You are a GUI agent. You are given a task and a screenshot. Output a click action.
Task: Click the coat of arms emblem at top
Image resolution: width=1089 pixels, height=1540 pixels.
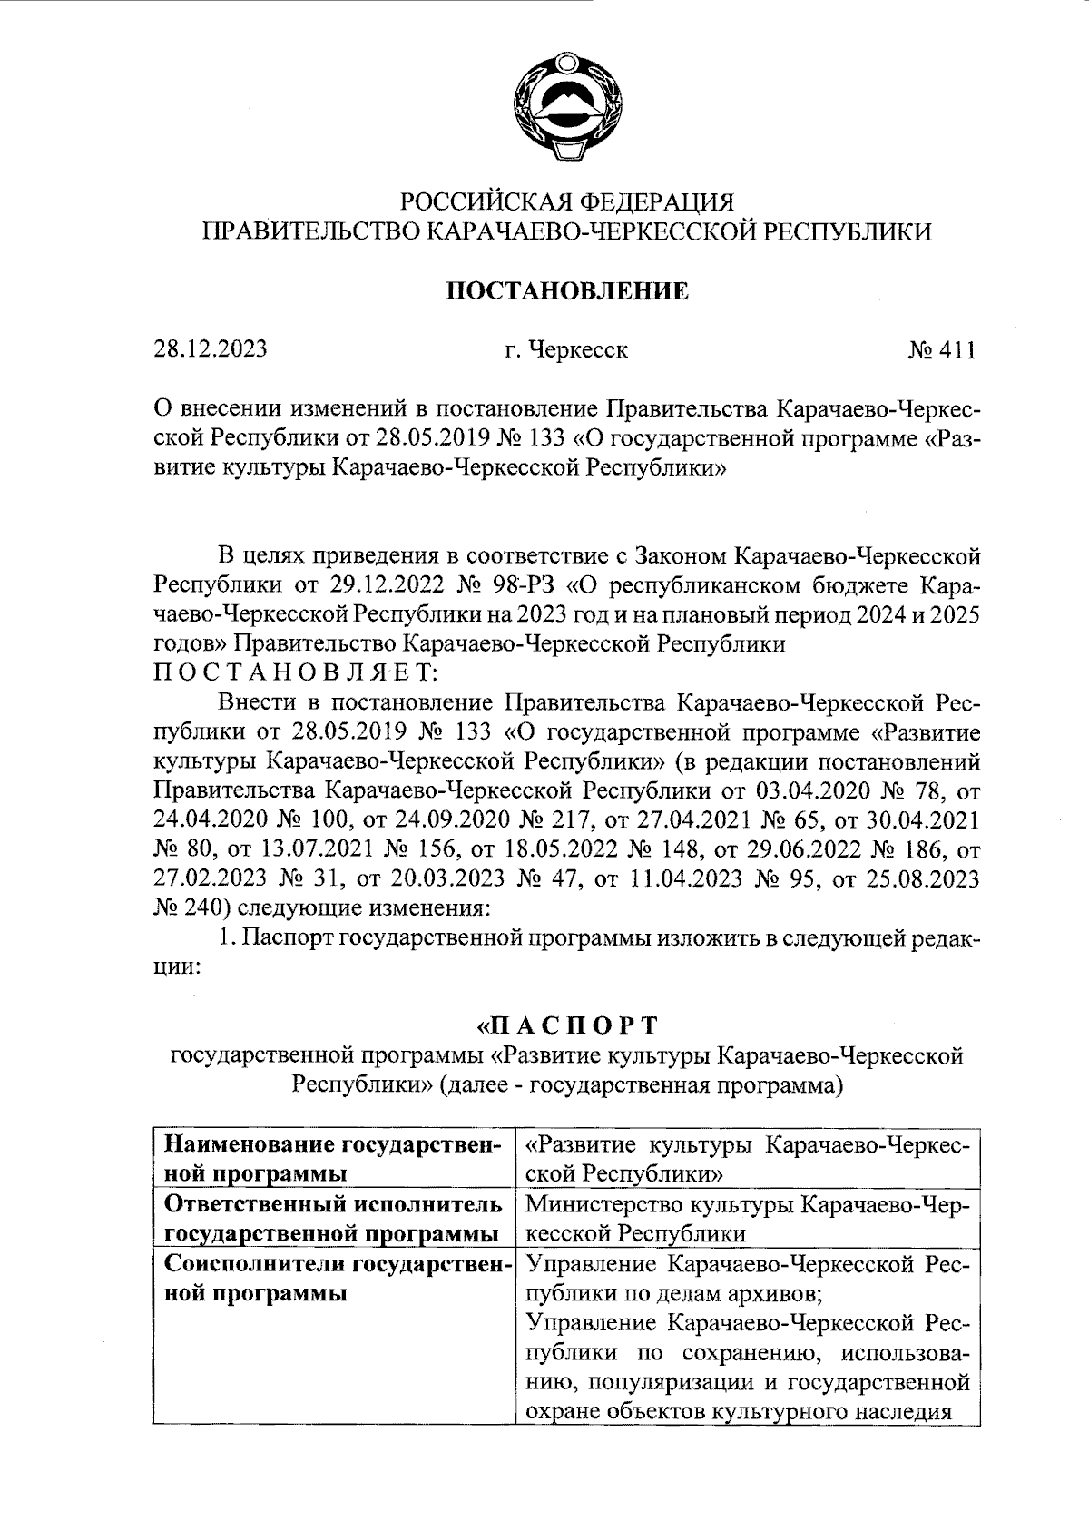[567, 110]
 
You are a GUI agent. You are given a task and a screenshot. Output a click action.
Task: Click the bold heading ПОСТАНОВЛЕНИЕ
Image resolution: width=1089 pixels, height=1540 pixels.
[569, 291]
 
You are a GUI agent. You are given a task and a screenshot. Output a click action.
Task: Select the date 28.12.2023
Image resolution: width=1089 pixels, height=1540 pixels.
[209, 349]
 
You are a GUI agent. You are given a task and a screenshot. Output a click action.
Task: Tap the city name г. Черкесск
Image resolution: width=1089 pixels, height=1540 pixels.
[567, 349]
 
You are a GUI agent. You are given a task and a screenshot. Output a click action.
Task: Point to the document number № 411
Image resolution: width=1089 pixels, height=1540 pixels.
[941, 349]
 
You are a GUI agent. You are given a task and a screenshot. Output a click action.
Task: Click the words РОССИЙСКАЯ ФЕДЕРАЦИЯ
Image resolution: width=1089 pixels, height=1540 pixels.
[567, 201]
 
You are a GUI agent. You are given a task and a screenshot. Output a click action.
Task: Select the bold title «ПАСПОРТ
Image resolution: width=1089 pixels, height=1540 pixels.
[567, 1025]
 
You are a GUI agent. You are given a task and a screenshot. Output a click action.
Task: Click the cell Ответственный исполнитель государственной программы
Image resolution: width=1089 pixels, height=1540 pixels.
[332, 1219]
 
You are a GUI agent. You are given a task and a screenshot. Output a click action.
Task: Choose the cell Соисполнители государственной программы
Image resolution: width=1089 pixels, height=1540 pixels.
[332, 1278]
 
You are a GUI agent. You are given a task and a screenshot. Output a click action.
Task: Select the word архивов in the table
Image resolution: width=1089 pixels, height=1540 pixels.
[778, 1292]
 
